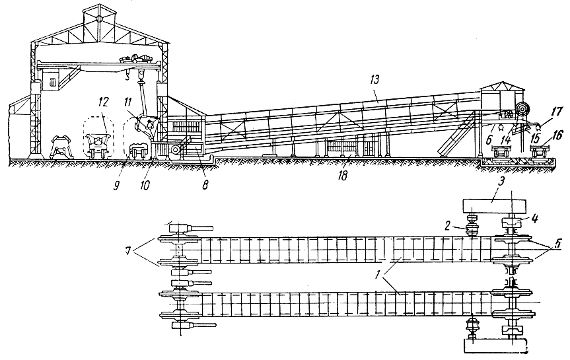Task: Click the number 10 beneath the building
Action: (145, 184)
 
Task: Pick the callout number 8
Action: (205, 186)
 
